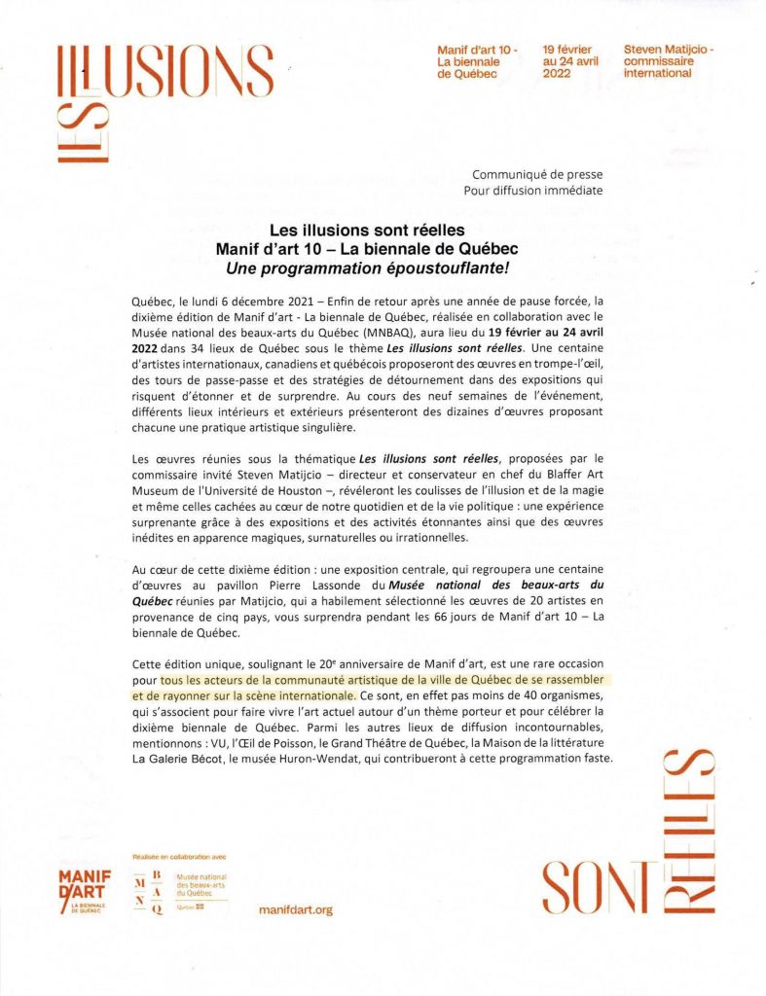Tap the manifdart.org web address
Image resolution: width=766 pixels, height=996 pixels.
point(297,909)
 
